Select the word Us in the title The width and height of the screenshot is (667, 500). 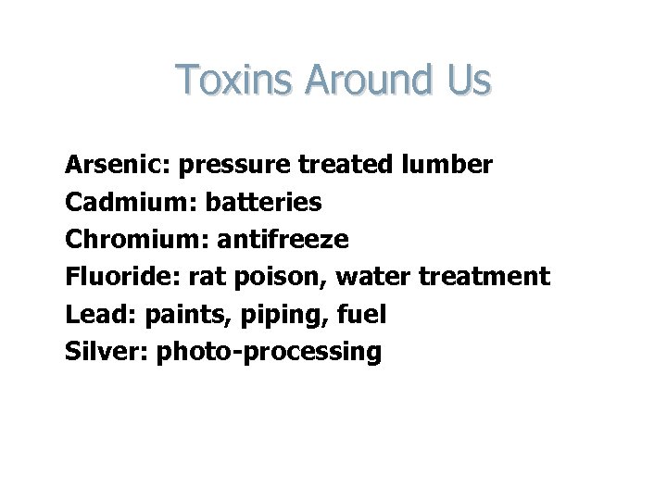pos(468,80)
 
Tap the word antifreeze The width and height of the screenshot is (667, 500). pos(283,240)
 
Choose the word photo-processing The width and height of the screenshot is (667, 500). pos(269,353)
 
